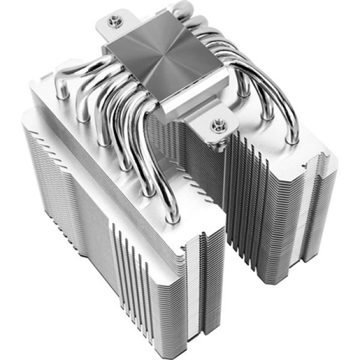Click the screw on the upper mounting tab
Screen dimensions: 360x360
tap(112, 22)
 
